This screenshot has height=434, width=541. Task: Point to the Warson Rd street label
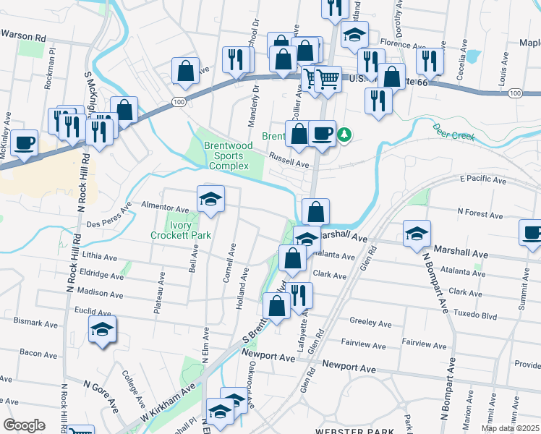click(x=24, y=35)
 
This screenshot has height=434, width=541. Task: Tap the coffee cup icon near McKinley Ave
click(x=24, y=142)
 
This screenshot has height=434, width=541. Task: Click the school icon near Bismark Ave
click(x=102, y=330)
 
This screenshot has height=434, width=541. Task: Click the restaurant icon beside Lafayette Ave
click(x=298, y=294)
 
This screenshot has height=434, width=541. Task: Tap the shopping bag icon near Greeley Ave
click(x=278, y=305)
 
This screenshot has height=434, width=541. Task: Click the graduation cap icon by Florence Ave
click(x=354, y=35)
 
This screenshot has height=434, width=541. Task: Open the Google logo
click(x=24, y=425)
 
